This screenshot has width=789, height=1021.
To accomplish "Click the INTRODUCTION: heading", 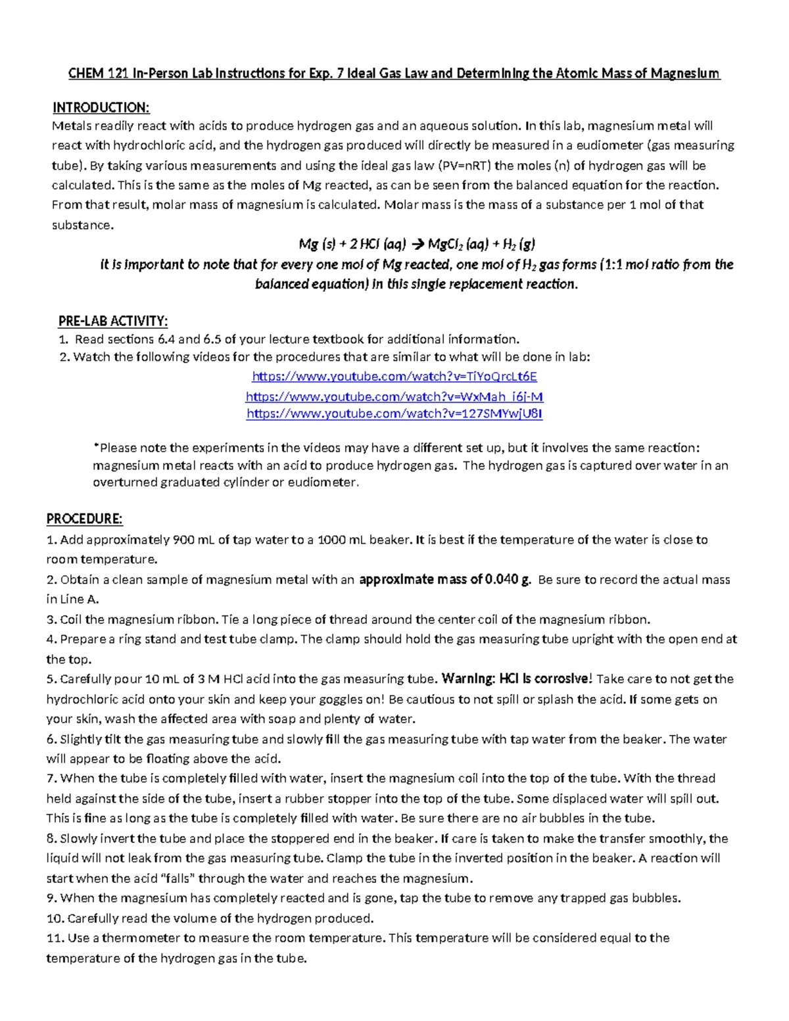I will [x=101, y=108].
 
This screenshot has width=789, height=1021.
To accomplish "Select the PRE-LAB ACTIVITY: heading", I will [x=112, y=321].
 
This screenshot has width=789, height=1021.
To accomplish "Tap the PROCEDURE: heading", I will [x=84, y=519].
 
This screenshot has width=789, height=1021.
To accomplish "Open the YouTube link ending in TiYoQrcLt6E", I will [x=394, y=377].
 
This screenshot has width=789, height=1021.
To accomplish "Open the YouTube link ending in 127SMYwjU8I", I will [x=394, y=414].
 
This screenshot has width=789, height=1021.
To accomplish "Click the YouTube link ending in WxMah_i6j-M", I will [x=394, y=396].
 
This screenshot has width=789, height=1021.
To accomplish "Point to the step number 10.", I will [x=55, y=918].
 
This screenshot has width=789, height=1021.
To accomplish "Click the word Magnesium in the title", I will [x=685, y=74].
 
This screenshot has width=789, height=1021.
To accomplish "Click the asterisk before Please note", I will [x=95, y=447].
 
